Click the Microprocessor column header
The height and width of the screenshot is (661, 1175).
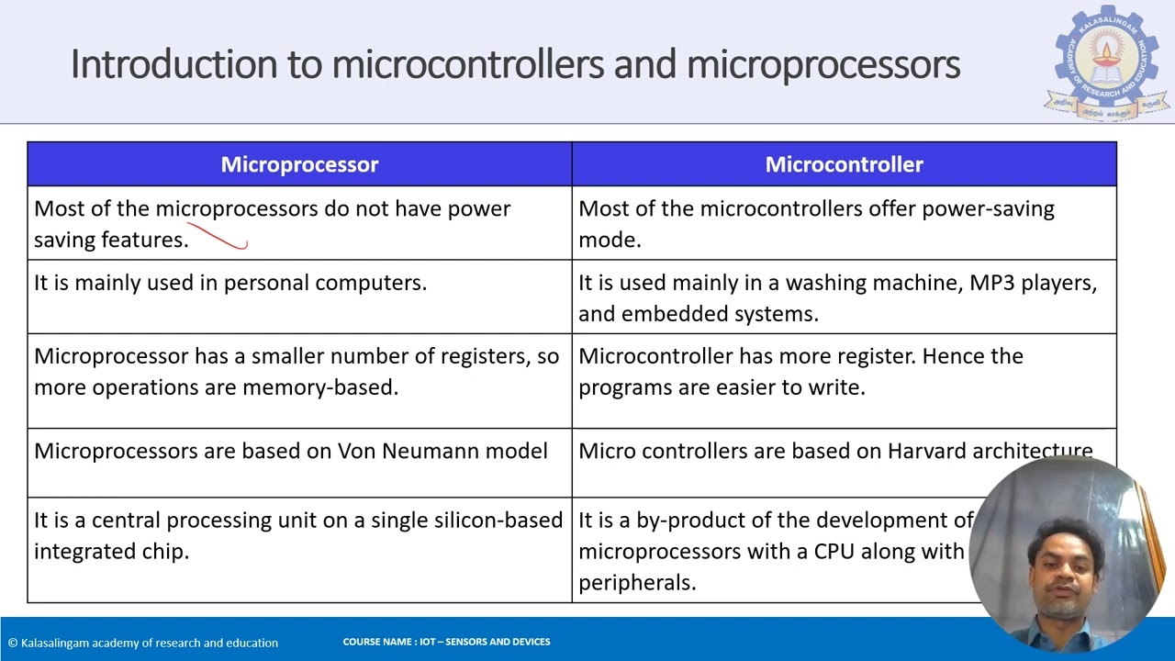299,164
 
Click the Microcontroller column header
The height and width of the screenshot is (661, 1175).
844,164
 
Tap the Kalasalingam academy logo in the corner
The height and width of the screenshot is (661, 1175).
1106,62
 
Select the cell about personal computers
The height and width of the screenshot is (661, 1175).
230,283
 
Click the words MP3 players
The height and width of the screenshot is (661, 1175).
1033,283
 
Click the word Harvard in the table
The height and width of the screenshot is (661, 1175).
927,451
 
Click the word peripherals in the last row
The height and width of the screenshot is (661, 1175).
637,582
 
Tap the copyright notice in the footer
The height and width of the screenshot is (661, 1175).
143,643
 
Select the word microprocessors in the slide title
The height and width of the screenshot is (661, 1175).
822,64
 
